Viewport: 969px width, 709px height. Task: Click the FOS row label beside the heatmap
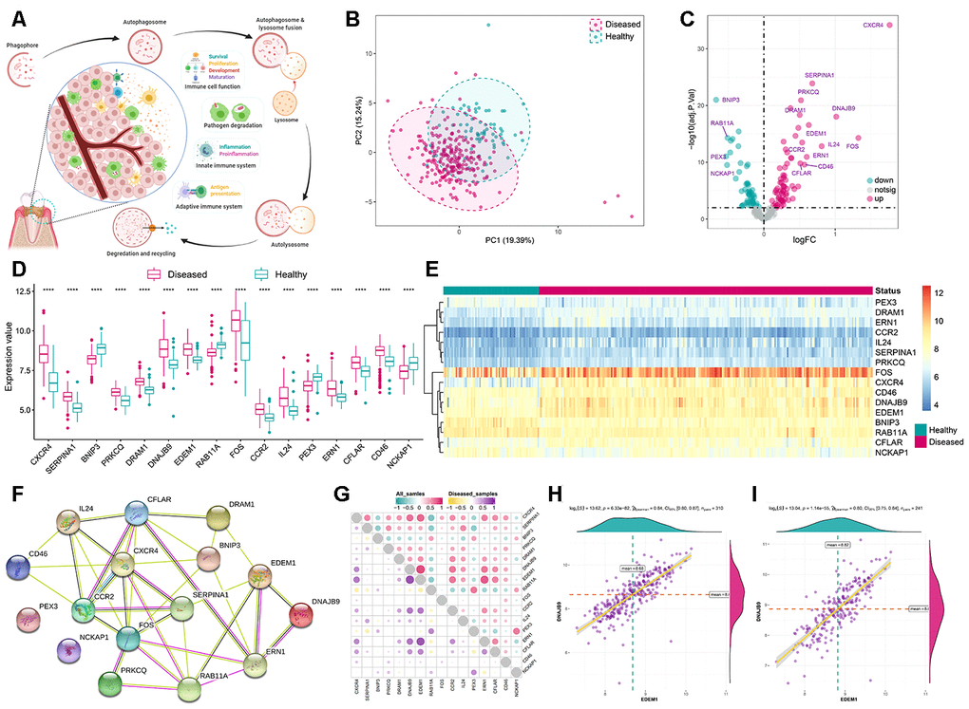tap(889, 372)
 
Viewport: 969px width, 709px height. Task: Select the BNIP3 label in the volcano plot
tap(731, 99)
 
